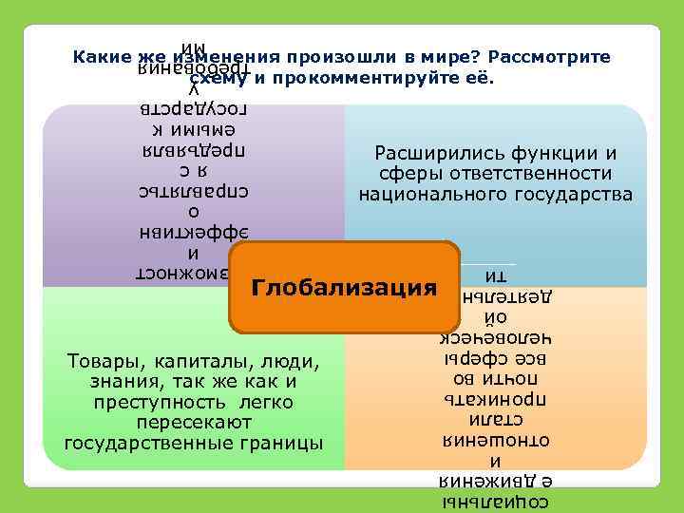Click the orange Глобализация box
click(x=344, y=287)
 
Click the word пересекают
click(x=193, y=423)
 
